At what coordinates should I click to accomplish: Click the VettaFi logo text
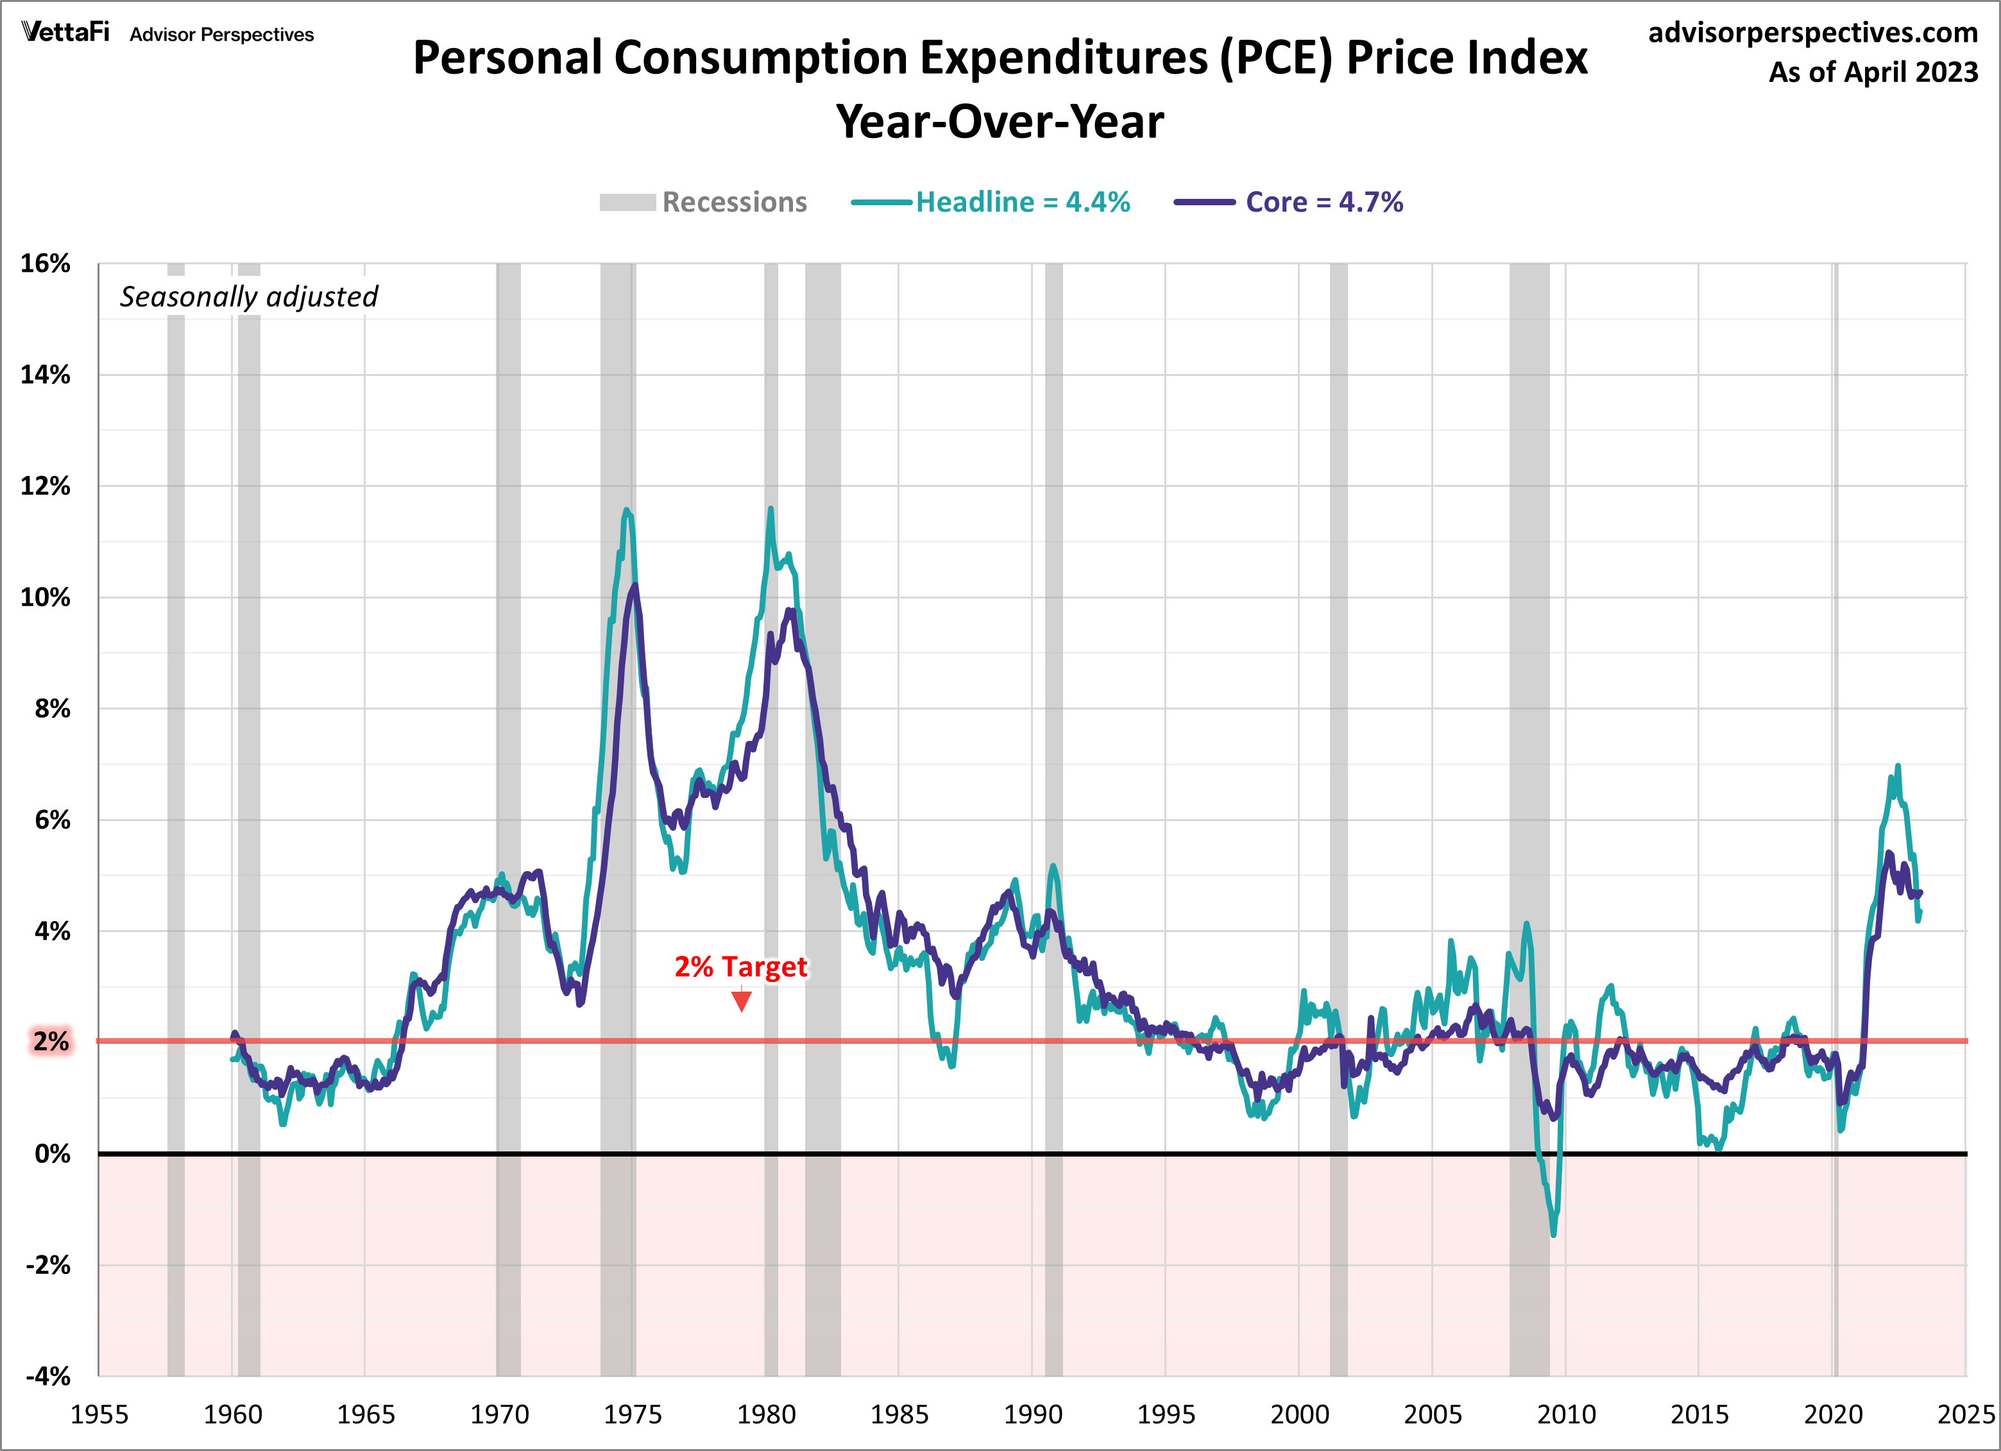coord(65,33)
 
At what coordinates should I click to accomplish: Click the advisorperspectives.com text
coord(1812,33)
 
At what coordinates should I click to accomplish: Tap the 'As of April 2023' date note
coord(1873,72)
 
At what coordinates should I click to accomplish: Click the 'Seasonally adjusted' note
coord(249,296)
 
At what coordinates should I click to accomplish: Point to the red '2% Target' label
coord(740,967)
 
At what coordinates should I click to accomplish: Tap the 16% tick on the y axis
coord(46,264)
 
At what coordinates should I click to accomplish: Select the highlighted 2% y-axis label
coord(50,1042)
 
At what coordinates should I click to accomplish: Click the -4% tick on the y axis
coord(47,1376)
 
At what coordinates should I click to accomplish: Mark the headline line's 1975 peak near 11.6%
coord(626,510)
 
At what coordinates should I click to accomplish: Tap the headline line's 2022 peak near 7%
coord(1897,767)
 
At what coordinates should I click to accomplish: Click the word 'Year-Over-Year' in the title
coord(1000,122)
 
